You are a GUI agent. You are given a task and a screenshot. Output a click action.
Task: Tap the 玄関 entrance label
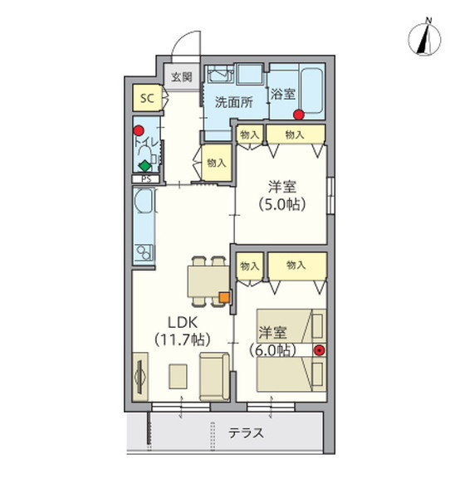pyautogui.click(x=182, y=76)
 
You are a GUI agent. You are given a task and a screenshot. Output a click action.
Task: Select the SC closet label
pyautogui.click(x=147, y=99)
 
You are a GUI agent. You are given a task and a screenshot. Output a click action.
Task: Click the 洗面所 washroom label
pyautogui.click(x=232, y=103)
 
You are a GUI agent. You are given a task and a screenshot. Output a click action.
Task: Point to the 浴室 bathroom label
pyautogui.click(x=282, y=95)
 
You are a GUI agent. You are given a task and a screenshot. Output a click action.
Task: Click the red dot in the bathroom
pyautogui.click(x=297, y=115)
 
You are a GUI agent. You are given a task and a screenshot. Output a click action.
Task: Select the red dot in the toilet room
pyautogui.click(x=139, y=130)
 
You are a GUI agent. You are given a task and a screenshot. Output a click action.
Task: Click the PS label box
pyautogui.click(x=146, y=178)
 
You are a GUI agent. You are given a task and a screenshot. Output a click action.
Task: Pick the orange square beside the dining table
pyautogui.click(x=223, y=296)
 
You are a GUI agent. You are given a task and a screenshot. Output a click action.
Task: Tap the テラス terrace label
pyautogui.click(x=246, y=432)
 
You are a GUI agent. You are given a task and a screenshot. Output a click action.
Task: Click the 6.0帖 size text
pyautogui.click(x=273, y=350)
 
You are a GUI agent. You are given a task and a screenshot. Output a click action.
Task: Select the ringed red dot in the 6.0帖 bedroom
pyautogui.click(x=318, y=349)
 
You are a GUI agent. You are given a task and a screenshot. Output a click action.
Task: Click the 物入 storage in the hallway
pyautogui.click(x=216, y=163)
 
